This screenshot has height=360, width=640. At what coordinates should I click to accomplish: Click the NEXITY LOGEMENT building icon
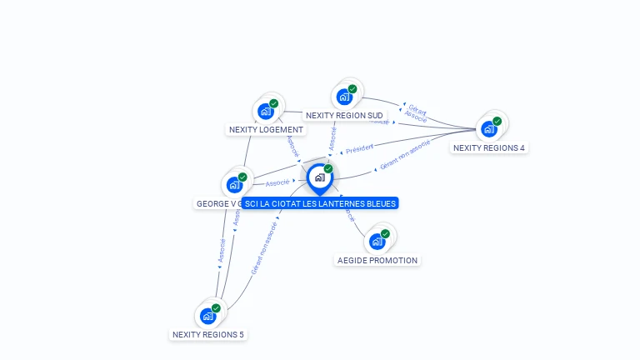pos(266,111)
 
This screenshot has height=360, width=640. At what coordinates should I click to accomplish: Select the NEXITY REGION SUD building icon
pos(344,96)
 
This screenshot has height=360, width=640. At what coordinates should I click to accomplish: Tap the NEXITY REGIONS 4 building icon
pos(489,128)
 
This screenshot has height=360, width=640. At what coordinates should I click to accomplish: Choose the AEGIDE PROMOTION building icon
pos(377,241)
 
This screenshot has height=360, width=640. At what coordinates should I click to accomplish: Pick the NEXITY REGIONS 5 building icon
pos(207,316)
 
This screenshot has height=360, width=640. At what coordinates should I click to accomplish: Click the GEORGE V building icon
pos(234,184)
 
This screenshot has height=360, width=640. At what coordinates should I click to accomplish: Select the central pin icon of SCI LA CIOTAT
pos(320,177)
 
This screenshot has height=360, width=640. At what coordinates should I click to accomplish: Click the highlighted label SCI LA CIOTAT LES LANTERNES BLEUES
pos(320,203)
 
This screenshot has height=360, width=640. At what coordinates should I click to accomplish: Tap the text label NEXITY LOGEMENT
pos(267,129)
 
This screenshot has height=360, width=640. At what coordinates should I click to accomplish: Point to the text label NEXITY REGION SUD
pos(344,115)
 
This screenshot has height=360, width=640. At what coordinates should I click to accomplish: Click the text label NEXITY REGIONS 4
pos(489,147)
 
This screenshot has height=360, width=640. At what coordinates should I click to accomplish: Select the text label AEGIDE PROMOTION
pos(377,260)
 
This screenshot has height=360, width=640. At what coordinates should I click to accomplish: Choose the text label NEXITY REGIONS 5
pos(208,334)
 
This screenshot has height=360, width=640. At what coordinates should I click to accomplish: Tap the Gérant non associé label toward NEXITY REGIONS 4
pos(404,156)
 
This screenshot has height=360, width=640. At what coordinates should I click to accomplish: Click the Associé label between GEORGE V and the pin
pos(277,182)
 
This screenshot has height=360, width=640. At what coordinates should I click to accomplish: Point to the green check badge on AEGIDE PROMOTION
pos(385,233)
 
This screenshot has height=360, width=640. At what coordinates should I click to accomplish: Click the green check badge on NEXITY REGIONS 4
pos(497,121)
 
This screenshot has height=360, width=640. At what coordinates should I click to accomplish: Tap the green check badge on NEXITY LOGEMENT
pos(274,103)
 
